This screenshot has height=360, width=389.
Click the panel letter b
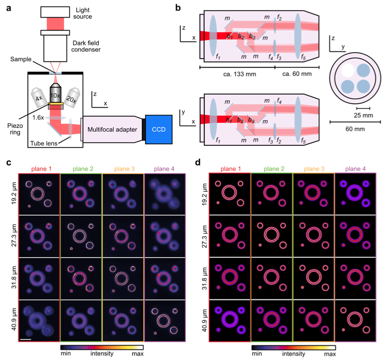pos(178,7)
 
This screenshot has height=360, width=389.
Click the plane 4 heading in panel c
pos(164,168)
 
